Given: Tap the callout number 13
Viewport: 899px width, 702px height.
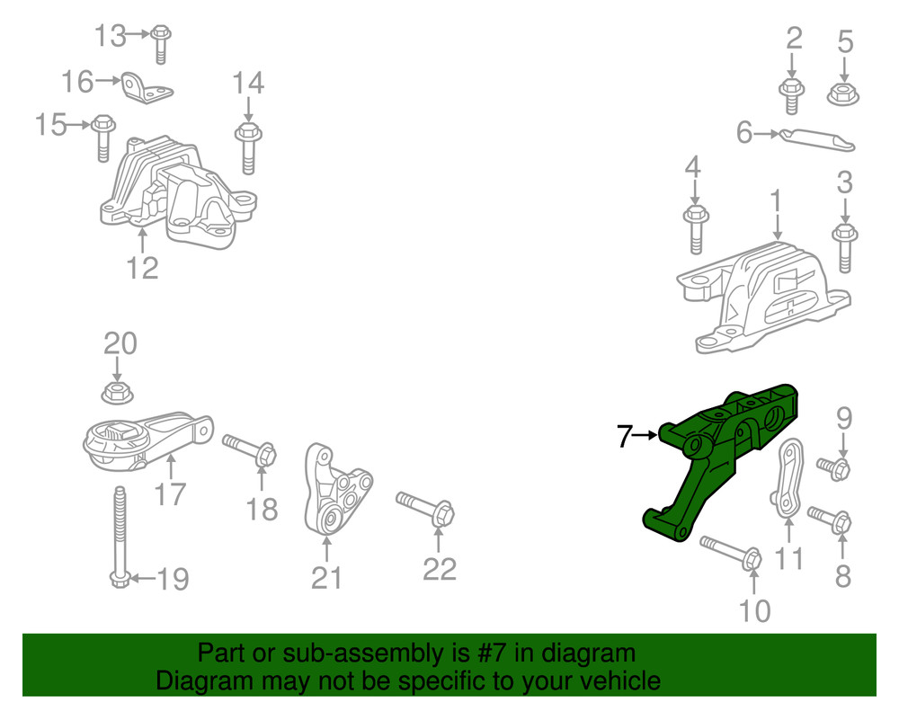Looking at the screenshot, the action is tap(110, 36).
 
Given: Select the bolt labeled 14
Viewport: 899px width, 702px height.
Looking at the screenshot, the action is tap(248, 147).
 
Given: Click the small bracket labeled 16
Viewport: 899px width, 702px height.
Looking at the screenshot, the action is tap(147, 88).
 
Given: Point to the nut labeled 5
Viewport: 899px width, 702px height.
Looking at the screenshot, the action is tap(843, 94).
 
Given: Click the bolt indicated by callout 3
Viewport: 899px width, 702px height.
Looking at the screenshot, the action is tap(844, 247).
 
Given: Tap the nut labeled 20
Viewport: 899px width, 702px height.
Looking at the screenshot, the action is tap(118, 393).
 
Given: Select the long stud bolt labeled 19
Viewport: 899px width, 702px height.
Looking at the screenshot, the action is tap(120, 537).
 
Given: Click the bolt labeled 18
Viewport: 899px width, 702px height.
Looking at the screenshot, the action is tap(250, 449).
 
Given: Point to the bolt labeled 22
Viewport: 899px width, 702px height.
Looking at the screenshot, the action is tap(425, 507).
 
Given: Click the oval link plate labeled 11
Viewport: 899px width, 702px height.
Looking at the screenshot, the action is tap(788, 478).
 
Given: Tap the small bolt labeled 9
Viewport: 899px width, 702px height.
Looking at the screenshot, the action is tap(833, 467).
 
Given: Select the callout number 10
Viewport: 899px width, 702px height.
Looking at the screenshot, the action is tap(754, 611).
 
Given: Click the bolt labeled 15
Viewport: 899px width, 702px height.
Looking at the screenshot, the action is tap(103, 138).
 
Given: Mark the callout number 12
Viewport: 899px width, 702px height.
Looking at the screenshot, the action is tap(142, 268).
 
